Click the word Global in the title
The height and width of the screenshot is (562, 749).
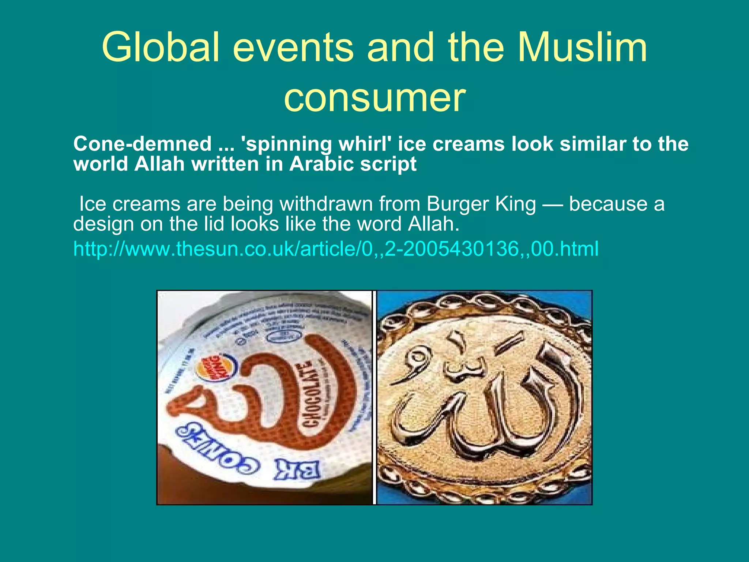(x=161, y=48)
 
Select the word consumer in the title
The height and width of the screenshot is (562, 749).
(x=374, y=98)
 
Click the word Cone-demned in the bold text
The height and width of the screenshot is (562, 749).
(x=142, y=144)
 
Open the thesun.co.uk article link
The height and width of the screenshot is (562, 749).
(x=336, y=249)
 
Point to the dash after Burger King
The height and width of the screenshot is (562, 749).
(x=552, y=205)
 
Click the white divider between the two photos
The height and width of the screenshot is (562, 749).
(x=374, y=398)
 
